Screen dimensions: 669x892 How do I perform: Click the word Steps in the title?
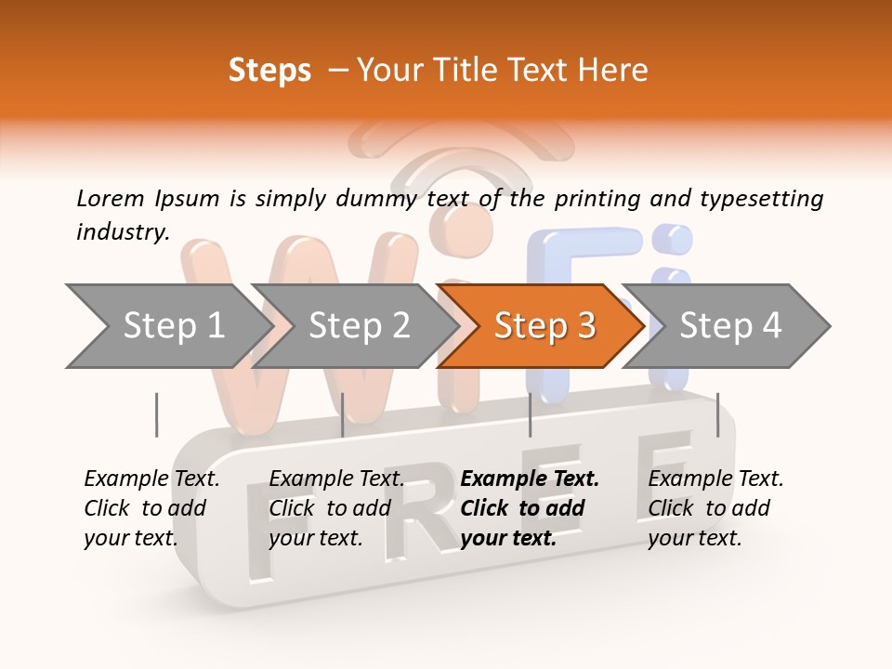point(269,71)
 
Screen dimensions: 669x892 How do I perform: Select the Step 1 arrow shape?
point(167,326)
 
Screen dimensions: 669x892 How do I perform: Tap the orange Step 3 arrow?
point(544,326)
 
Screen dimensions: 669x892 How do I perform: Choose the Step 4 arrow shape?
point(730,326)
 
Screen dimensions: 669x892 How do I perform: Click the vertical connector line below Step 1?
point(156,414)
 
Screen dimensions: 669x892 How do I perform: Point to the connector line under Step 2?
point(343,414)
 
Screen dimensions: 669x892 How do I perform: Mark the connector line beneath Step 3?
point(530,414)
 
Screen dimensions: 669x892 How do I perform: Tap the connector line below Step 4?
point(717,414)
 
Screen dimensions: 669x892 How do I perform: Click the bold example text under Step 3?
point(530,508)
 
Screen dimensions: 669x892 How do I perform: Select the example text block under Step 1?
point(151,508)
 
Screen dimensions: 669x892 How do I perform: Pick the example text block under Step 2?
point(336,508)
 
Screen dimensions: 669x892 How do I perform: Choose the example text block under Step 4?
point(715,508)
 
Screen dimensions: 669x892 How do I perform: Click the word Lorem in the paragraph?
point(111,198)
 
